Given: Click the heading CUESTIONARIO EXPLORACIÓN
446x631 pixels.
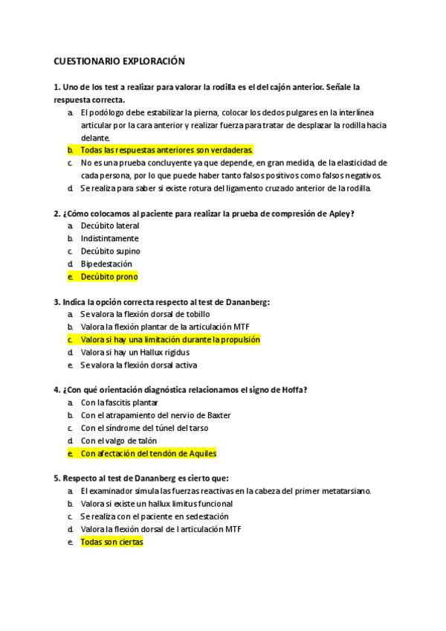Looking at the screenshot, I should tap(119, 61).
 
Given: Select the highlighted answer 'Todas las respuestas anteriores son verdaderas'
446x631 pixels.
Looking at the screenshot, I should tap(167, 150).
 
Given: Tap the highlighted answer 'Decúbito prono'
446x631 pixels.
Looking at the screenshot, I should tap(109, 276).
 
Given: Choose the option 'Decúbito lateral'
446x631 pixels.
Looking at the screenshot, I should tap(109, 225).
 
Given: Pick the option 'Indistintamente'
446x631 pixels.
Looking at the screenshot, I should tap(109, 238).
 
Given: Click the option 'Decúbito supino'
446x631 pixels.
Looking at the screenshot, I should tap(110, 251).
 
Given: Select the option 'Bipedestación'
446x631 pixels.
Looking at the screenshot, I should tap(106, 263).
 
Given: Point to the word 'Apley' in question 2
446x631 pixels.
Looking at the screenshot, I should tap(339, 214).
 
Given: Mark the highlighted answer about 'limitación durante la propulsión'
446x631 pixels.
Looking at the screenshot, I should tap(170, 339).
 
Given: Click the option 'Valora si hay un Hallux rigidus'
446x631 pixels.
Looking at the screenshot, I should tap(135, 352).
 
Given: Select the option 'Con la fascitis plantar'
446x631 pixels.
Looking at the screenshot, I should tap(119, 403).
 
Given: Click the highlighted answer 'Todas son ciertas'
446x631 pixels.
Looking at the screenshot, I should tap(111, 542).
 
